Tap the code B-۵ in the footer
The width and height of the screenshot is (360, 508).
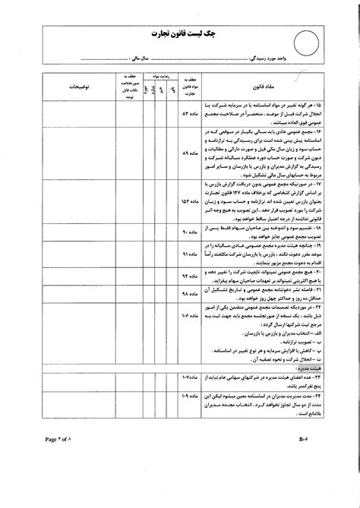click(302, 460)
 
